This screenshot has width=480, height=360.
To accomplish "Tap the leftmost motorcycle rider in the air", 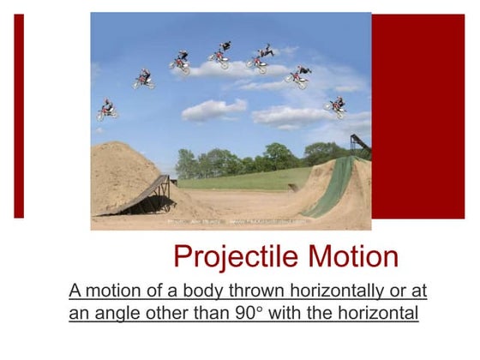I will point(106,109).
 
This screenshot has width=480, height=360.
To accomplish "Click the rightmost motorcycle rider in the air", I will point(335,106).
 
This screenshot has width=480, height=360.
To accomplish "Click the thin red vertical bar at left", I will point(19,116).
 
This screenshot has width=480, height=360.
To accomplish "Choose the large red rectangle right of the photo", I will point(417,116).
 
